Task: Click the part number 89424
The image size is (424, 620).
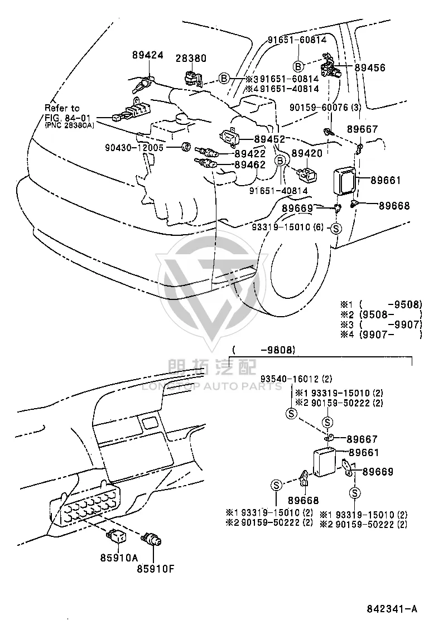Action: pos(147,55)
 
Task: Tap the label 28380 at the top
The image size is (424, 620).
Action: pos(191,59)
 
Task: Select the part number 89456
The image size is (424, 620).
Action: pos(370,67)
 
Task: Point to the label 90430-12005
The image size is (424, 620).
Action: pos(134,148)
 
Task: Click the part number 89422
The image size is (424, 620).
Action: pos(250,154)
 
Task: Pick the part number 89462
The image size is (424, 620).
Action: pos(250,164)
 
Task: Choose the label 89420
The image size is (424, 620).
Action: pos(307,153)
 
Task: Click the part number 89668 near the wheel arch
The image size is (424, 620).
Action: pos(394,206)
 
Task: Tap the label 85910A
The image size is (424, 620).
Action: pos(119,558)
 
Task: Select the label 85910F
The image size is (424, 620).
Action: pos(156,569)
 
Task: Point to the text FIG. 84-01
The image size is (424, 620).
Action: pos(68,118)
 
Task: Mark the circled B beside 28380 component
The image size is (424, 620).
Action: pos(224,79)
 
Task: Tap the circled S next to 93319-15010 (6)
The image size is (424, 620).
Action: pos(335,228)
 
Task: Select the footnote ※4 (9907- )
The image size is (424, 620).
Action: pos(382,335)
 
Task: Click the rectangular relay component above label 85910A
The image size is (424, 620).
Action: pos(115,536)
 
